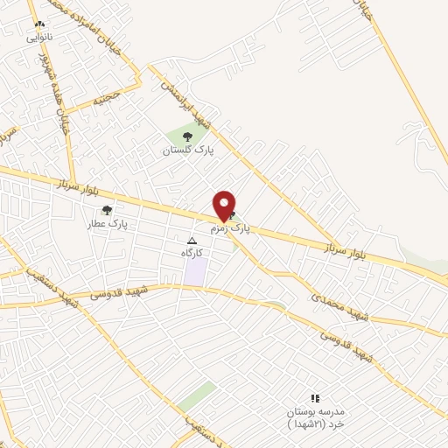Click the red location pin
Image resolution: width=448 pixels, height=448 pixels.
click(225, 205)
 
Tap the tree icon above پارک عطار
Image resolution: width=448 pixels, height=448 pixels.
click(107, 210)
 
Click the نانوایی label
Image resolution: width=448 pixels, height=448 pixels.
click(39, 38)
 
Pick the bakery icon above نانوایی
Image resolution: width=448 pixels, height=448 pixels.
click(39, 24)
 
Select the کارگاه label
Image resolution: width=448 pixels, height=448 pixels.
click(192, 253)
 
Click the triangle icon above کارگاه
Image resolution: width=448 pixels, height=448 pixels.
click(192, 241)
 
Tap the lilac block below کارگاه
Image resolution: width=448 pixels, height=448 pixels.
click(195, 271)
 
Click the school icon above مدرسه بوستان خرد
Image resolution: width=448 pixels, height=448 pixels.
click(315, 399)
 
